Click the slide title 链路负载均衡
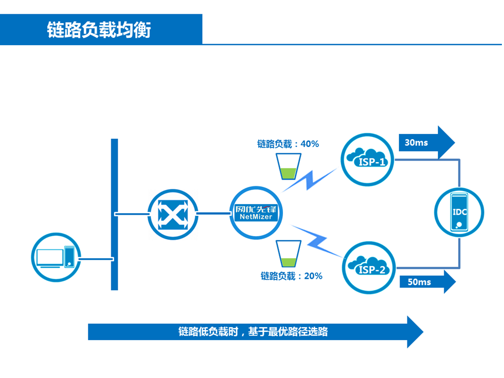tap(99, 30)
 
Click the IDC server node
tap(460, 212)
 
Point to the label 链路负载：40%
tap(288, 144)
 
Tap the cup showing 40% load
tap(287, 166)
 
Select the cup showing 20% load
tap(287, 255)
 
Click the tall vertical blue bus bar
tap(114, 214)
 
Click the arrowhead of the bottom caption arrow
tap(414, 332)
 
